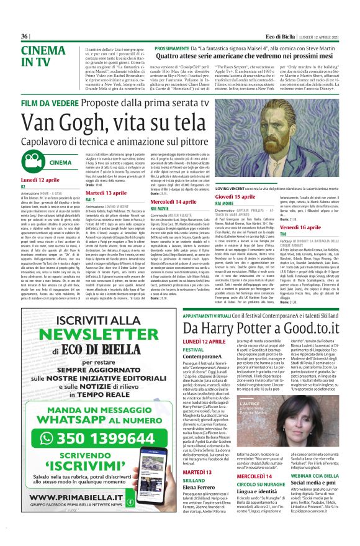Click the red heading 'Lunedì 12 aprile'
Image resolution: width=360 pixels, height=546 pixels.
pos(37,179)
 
